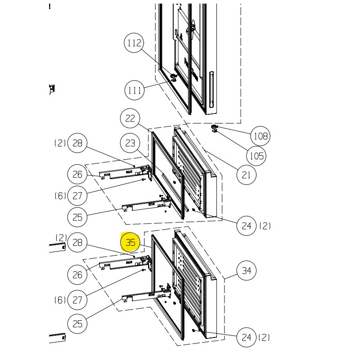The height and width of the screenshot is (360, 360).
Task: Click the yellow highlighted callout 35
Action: (130, 243)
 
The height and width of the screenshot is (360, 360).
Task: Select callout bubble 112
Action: (135, 43)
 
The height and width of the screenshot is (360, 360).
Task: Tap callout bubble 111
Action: (135, 90)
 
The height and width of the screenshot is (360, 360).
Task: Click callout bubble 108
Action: (261, 136)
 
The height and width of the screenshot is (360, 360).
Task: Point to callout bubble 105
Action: (256, 156)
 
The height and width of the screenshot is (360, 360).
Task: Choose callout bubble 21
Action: (246, 175)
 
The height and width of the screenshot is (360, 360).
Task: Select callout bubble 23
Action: (130, 144)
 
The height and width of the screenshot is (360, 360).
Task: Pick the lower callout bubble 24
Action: (246, 337)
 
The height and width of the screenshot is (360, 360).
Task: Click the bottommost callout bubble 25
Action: (77, 324)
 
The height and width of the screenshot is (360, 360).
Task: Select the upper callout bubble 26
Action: (77, 174)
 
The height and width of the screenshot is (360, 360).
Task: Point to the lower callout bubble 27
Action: (77, 300)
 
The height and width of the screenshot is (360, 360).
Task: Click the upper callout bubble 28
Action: (77, 144)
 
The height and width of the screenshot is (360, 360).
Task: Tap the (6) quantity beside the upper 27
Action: (61, 196)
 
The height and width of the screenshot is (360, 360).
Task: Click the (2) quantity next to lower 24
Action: (264, 337)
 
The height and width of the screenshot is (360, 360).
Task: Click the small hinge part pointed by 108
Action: (215, 126)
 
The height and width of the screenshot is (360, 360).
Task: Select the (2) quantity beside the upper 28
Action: (61, 144)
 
